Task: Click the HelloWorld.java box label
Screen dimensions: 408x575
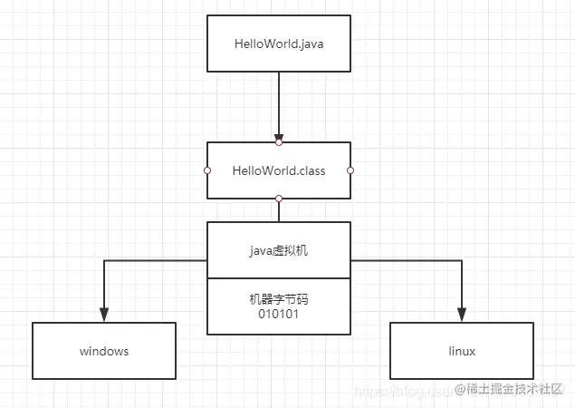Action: [x=279, y=43]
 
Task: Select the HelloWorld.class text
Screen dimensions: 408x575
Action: [x=279, y=170]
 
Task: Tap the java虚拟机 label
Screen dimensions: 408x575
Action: [x=279, y=250]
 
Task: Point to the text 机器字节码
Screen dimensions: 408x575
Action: [x=279, y=298]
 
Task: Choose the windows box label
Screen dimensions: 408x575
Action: [x=104, y=351]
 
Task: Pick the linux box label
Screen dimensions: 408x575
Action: [x=462, y=351]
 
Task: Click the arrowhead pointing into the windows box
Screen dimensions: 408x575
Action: [x=104, y=315]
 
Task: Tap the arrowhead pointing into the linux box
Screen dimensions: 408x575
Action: [x=462, y=315]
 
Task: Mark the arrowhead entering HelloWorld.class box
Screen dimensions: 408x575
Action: [x=279, y=135]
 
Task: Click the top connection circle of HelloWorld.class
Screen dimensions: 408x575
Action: [x=279, y=142]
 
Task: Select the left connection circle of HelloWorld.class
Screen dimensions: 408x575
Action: [x=207, y=170]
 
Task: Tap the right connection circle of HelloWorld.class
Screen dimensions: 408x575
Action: [x=350, y=170]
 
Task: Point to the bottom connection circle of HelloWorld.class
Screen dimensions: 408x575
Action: [x=279, y=198]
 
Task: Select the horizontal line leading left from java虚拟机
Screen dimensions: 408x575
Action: [x=154, y=261]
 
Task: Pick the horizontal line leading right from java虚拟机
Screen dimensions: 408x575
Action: [x=407, y=261]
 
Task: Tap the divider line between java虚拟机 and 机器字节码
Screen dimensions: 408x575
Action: [x=279, y=278]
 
